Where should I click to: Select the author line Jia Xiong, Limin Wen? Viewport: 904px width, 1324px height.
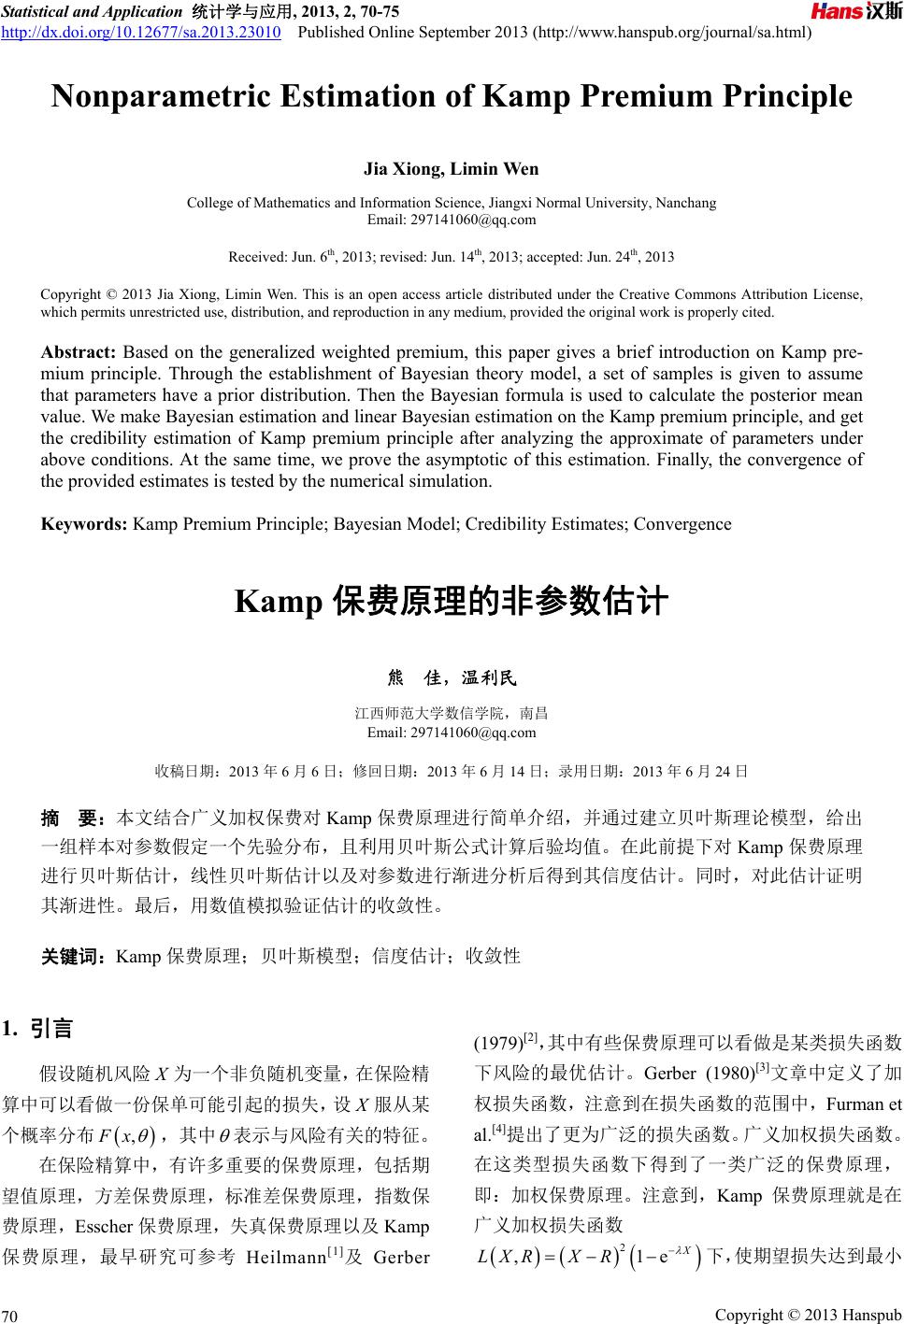point(451,169)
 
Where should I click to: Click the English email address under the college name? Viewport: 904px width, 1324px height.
point(452,220)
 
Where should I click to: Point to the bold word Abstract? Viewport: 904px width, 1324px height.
point(79,352)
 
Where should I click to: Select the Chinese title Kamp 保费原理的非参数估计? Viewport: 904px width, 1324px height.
point(451,601)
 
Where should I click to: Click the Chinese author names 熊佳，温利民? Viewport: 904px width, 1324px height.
point(451,676)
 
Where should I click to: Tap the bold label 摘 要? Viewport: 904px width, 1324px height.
point(75,819)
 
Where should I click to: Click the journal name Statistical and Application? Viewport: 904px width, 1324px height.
point(91,12)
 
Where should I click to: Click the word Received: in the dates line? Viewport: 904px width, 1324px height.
point(258,256)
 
